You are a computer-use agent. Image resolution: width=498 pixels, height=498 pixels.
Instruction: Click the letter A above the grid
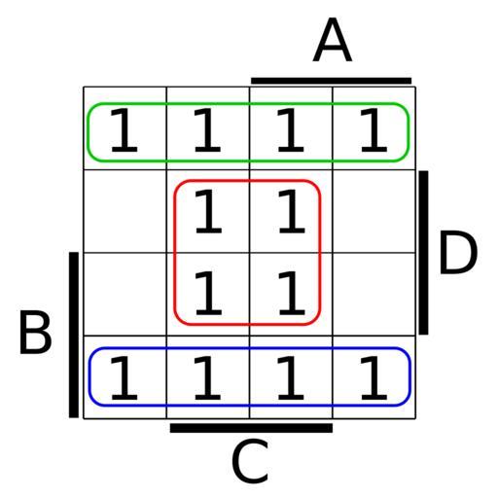(333, 40)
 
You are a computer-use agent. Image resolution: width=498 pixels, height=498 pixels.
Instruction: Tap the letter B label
(35, 333)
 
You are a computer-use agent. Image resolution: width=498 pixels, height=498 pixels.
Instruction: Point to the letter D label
(458, 253)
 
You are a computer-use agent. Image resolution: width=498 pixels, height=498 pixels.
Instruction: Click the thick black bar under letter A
(332, 81)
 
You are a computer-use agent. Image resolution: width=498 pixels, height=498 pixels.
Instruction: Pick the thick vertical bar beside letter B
(74, 335)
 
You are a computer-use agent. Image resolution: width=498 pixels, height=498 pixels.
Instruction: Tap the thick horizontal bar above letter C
(251, 428)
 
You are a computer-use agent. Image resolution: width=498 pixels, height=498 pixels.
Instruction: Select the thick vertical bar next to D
(423, 253)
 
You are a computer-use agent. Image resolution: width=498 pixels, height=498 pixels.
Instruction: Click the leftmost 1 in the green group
(124, 130)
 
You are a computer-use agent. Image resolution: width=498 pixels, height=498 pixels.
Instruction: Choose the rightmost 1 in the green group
(373, 130)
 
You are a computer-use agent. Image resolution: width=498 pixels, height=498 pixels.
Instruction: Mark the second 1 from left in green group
(207, 130)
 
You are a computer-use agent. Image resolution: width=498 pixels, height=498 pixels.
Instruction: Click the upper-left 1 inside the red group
(208, 212)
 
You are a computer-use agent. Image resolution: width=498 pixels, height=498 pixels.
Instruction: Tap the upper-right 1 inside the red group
(292, 212)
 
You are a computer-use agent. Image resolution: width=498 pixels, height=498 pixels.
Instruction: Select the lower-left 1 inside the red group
(208, 294)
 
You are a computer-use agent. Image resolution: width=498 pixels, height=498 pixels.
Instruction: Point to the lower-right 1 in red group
(292, 294)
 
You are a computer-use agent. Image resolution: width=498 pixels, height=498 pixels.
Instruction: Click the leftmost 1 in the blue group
(124, 378)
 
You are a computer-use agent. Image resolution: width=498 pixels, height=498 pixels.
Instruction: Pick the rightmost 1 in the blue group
(373, 378)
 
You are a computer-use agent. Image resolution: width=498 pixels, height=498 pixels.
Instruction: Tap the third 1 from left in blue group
(291, 378)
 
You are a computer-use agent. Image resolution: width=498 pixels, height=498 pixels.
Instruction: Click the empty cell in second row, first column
(125, 211)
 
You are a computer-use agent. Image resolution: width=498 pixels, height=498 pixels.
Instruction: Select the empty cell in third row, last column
(374, 294)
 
